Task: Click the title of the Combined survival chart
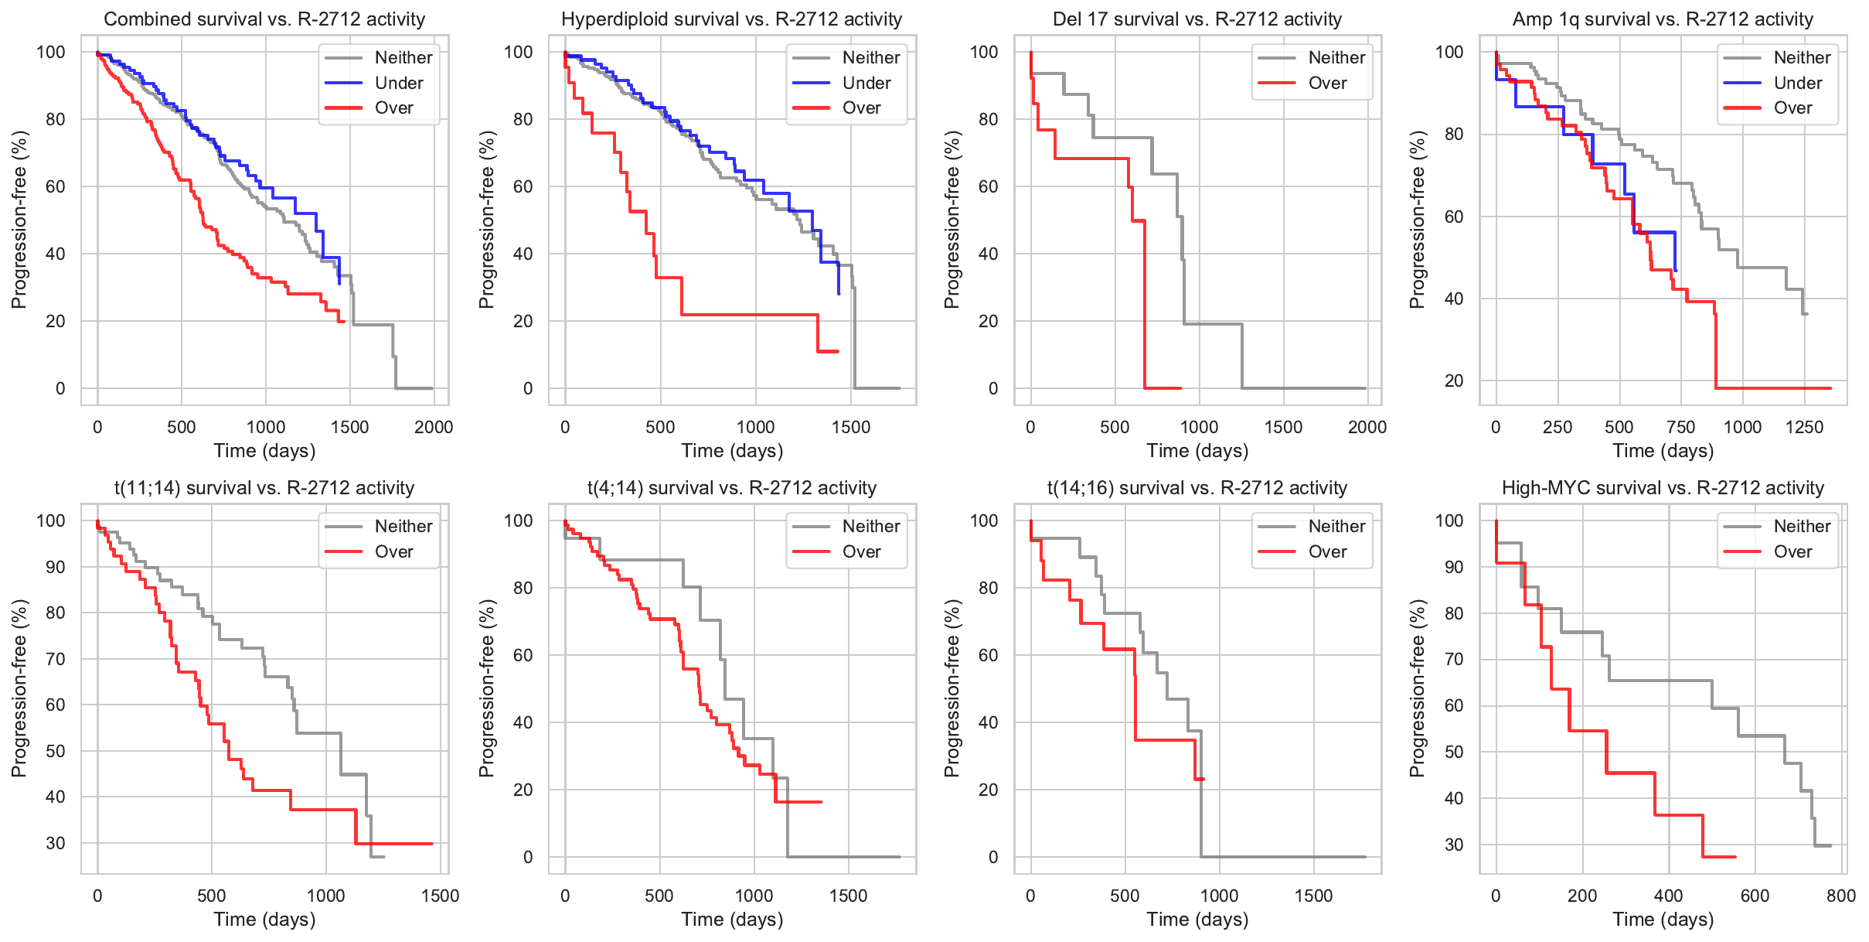pyautogui.click(x=264, y=19)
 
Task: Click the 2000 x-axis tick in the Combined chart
pyautogui.click(x=434, y=427)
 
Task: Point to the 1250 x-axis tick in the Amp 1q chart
pyautogui.click(x=1804, y=427)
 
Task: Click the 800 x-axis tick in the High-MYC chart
pyautogui.click(x=1841, y=896)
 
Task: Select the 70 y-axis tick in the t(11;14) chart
pyautogui.click(x=56, y=659)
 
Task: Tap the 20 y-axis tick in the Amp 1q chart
pyautogui.click(x=1454, y=381)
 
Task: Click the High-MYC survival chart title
pyautogui.click(x=1663, y=488)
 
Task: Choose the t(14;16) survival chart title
pyautogui.click(x=1197, y=488)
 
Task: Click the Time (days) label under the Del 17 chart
pyautogui.click(x=1197, y=451)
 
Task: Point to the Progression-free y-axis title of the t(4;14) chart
pyautogui.click(x=486, y=688)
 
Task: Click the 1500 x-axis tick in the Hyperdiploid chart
pyautogui.click(x=851, y=427)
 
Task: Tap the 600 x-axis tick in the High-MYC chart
pyautogui.click(x=1755, y=896)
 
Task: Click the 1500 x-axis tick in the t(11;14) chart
pyautogui.click(x=440, y=896)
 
